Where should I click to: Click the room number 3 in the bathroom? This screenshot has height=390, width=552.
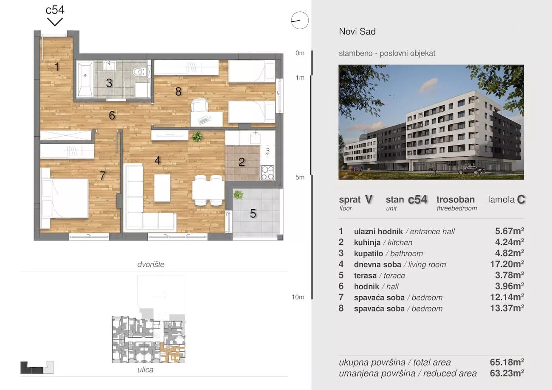click(109, 83)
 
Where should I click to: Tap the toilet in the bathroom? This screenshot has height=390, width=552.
click(140, 72)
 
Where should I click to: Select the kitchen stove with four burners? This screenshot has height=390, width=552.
click(268, 173)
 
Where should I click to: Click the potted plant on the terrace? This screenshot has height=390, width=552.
click(238, 195)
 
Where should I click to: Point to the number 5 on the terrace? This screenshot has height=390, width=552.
click(253, 213)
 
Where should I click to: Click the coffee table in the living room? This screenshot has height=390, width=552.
click(162, 188)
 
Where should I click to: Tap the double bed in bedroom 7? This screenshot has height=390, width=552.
click(65, 198)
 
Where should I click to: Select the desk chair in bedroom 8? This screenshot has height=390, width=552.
click(200, 105)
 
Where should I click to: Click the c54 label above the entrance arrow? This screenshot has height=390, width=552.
click(55, 10)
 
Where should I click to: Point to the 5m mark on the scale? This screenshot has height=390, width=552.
click(300, 177)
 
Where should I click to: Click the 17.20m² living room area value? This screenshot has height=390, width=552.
click(507, 264)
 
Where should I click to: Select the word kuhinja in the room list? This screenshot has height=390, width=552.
click(367, 242)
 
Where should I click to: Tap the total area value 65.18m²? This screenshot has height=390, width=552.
click(507, 362)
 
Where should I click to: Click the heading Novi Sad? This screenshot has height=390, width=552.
click(358, 31)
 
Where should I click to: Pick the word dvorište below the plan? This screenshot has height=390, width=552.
click(151, 264)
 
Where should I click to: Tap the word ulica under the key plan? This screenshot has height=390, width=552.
click(145, 370)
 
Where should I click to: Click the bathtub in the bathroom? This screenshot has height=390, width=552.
click(85, 79)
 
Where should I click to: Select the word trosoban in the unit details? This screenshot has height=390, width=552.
click(456, 199)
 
